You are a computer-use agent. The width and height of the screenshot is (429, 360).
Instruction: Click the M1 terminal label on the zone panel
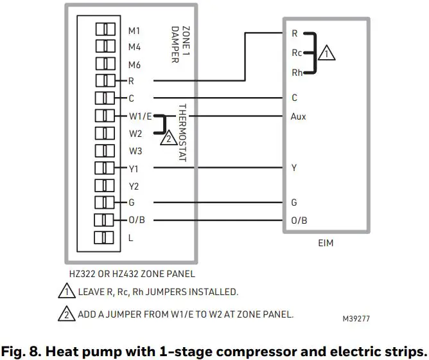(x=134, y=30)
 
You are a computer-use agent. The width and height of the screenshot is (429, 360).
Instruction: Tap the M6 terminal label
(x=134, y=65)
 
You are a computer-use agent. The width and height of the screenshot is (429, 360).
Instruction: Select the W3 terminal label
(x=135, y=151)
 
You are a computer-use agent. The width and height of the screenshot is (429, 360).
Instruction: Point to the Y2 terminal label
(x=134, y=186)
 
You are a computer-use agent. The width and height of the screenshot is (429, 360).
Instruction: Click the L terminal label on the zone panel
(x=131, y=238)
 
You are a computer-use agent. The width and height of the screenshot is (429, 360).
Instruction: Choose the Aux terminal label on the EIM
(x=298, y=116)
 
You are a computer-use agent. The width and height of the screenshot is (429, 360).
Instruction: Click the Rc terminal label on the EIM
(x=296, y=53)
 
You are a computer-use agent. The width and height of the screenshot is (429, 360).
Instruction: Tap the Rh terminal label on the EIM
(x=296, y=73)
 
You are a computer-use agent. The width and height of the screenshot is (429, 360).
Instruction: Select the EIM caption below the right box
(x=326, y=244)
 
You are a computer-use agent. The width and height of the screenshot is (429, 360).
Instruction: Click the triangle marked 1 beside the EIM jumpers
(x=327, y=54)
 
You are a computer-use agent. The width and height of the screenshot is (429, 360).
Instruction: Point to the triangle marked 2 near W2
(x=168, y=137)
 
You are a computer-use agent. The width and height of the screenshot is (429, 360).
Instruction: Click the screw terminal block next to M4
(x=105, y=46)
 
